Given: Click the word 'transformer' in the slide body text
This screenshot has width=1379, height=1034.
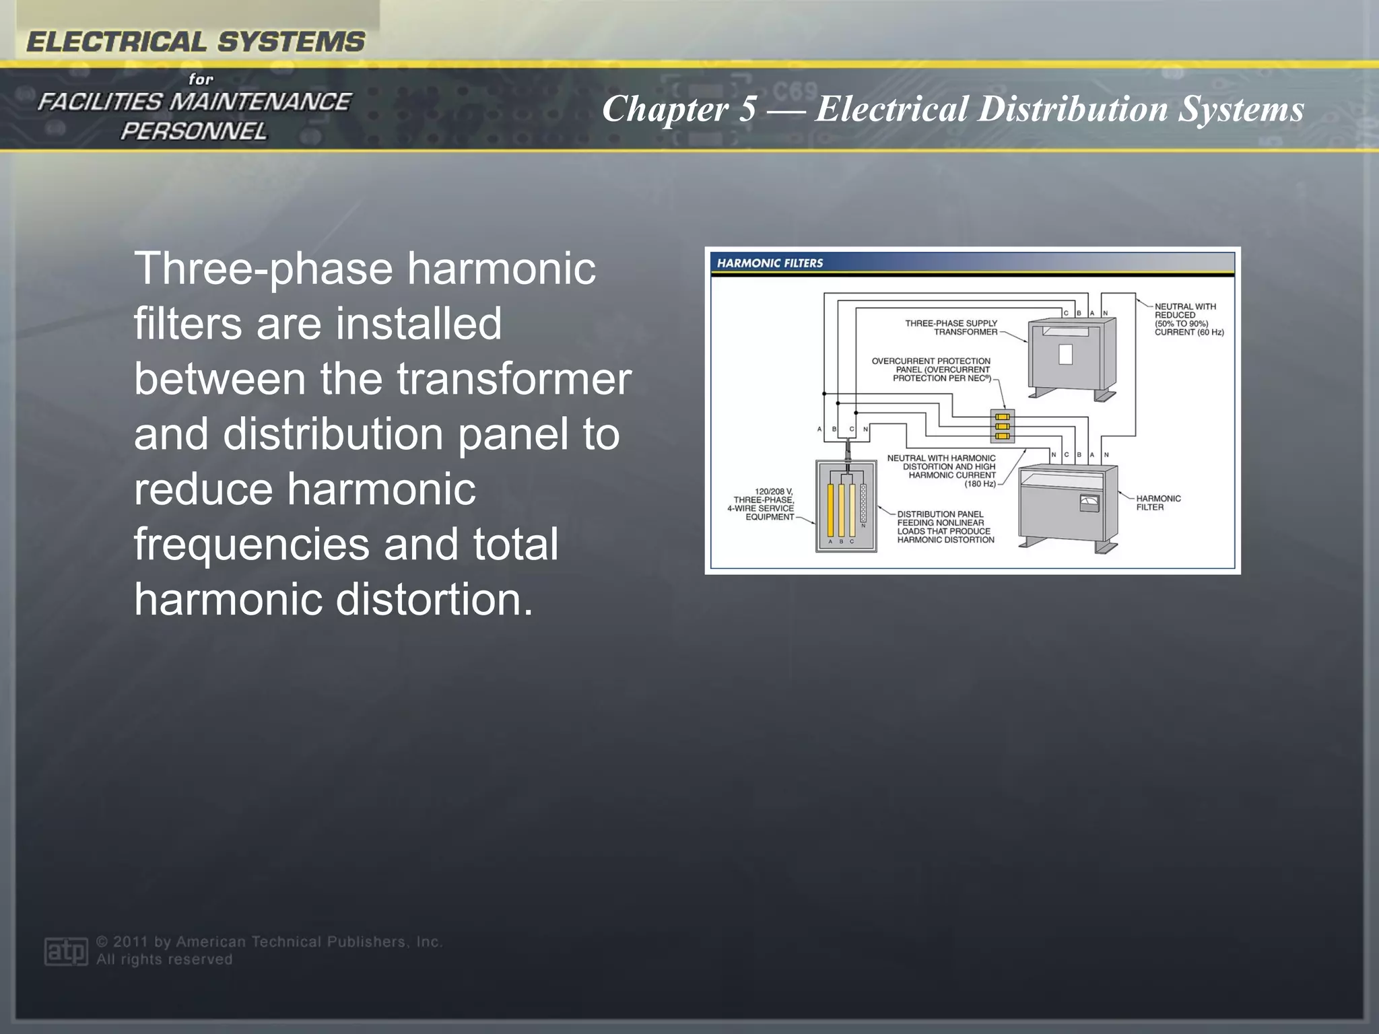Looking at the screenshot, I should click(514, 378).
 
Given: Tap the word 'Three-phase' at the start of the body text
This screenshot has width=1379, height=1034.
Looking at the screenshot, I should click(263, 269).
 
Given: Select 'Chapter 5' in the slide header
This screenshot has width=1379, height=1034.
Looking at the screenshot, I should click(678, 108).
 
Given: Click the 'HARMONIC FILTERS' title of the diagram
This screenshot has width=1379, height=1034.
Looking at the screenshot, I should click(770, 263).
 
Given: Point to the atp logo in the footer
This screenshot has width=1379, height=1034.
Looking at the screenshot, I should click(65, 951).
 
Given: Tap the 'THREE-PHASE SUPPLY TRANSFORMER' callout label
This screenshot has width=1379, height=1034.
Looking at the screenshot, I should click(951, 327).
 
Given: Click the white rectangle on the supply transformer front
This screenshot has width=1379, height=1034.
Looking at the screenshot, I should click(1065, 354).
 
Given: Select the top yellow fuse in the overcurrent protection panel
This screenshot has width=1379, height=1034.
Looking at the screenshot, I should click(1002, 417).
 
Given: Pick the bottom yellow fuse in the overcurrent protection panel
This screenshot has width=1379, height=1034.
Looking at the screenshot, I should click(1002, 436).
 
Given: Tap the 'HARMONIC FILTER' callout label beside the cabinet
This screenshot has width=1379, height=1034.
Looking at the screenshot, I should click(1158, 503).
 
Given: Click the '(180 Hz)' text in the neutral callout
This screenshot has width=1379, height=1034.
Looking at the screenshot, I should click(980, 484).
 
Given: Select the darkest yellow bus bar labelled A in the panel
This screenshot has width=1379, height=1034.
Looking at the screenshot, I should click(830, 510).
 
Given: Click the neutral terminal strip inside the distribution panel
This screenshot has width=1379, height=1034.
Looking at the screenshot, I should click(863, 503).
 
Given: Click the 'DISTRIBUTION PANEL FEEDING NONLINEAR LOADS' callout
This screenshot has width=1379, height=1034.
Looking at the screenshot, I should click(945, 526).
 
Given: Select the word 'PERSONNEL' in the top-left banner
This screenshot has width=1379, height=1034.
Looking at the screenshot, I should click(194, 131).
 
